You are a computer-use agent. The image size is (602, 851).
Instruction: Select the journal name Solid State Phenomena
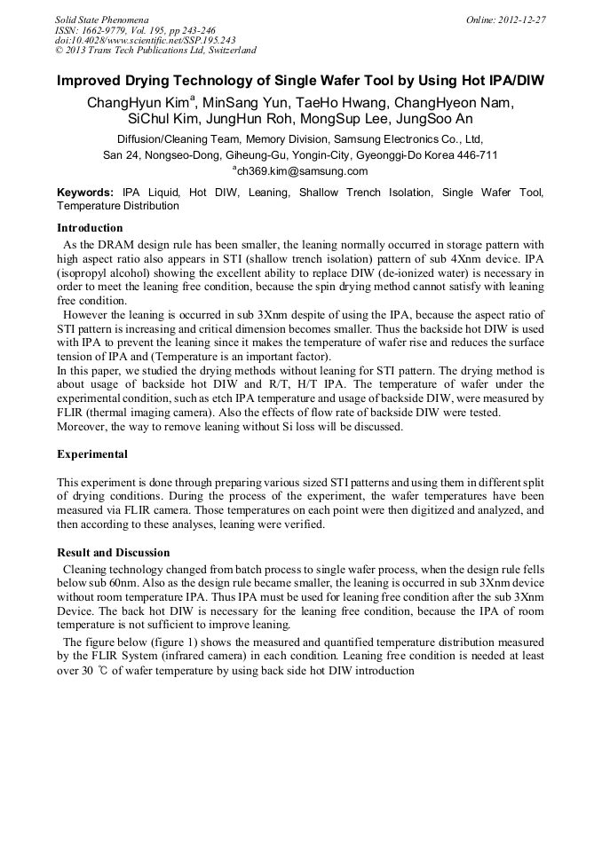tap(101, 19)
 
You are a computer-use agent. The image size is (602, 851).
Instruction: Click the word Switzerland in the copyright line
tap(227, 51)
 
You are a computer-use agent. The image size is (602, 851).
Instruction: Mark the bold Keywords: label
tap(85, 192)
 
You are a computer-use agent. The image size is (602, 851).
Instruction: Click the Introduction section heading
tap(90, 228)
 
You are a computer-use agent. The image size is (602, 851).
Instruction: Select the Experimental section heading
tap(92, 454)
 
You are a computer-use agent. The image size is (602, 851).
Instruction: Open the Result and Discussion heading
tap(113, 552)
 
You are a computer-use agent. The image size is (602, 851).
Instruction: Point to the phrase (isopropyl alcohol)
tap(102, 272)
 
